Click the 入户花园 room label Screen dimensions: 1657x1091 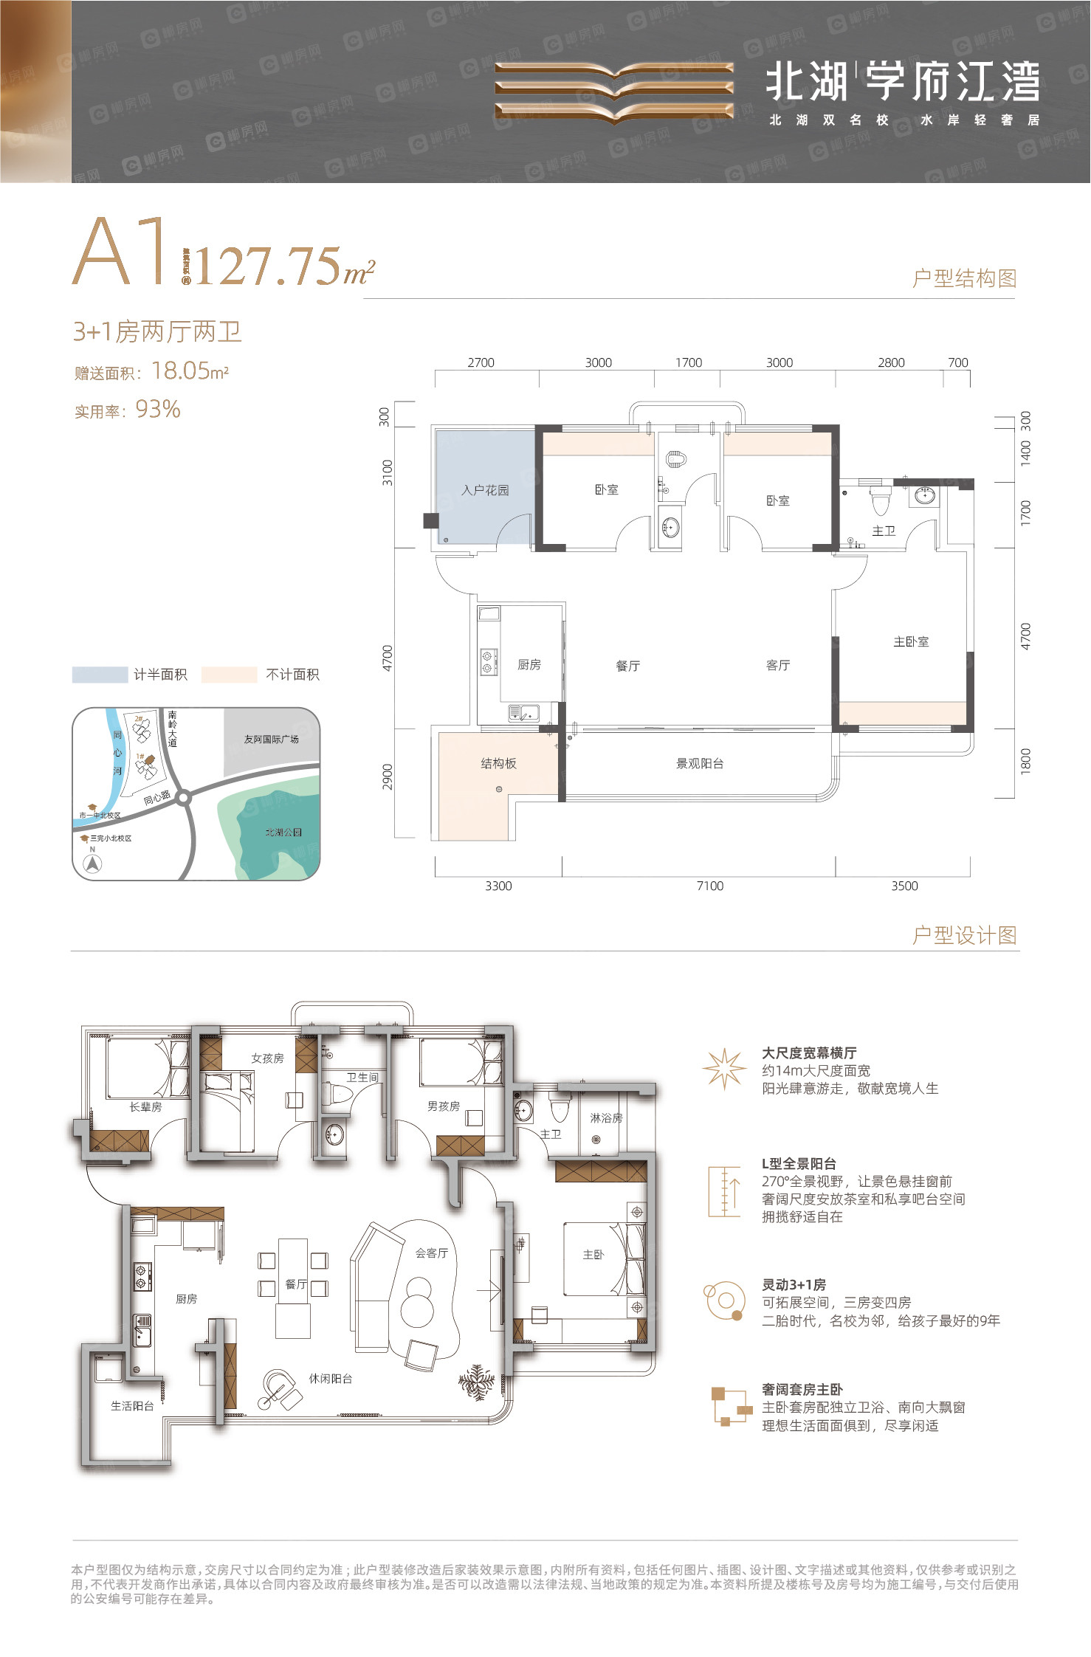point(485,490)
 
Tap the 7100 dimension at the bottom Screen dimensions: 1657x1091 point(709,886)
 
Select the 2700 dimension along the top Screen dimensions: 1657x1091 point(481,362)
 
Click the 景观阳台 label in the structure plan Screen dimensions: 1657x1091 point(699,764)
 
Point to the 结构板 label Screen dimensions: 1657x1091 point(498,764)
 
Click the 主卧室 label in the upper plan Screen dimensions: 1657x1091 point(910,642)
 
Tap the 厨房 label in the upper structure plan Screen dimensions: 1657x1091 point(529,665)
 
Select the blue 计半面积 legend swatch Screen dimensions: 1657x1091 point(100,675)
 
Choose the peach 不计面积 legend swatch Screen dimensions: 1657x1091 point(229,675)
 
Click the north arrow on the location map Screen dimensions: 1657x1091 point(92,864)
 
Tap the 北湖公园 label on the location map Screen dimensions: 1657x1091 point(283,833)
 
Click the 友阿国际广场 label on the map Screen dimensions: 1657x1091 point(271,739)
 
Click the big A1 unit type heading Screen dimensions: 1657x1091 point(120,252)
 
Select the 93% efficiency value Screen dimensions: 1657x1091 point(158,410)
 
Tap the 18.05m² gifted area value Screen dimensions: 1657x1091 point(190,371)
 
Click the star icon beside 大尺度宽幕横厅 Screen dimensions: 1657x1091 point(723,1069)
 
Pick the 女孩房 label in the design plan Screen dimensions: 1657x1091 point(267,1058)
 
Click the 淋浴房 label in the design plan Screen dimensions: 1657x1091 point(605,1118)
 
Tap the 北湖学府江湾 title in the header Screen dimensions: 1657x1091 point(902,81)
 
